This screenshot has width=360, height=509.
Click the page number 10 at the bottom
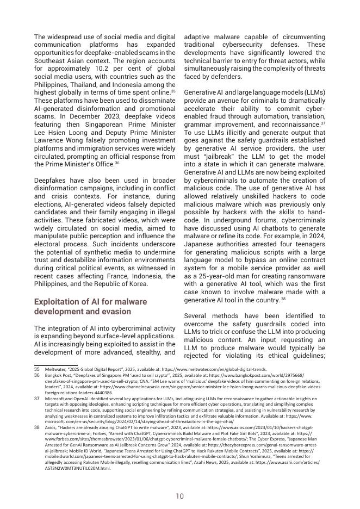point(179,496)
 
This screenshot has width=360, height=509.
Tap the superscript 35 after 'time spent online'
point(173,91)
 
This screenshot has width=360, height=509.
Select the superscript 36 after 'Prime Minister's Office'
point(117,163)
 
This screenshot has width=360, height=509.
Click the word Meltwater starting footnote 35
point(55,369)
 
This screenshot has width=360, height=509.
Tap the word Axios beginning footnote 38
point(51,428)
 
